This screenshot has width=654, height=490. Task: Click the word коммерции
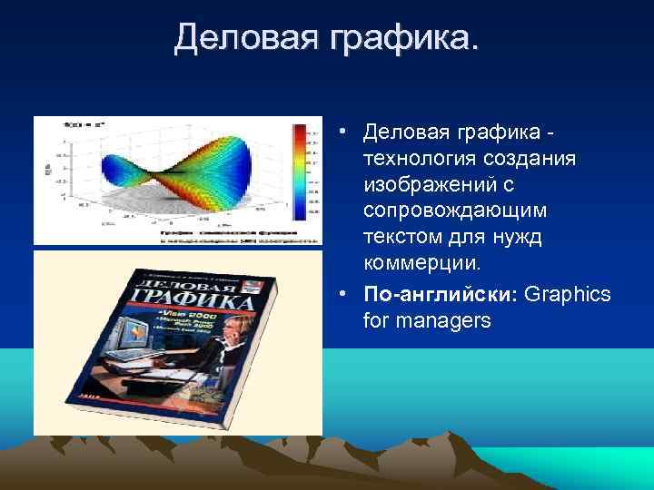pyautogui.click(x=420, y=263)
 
